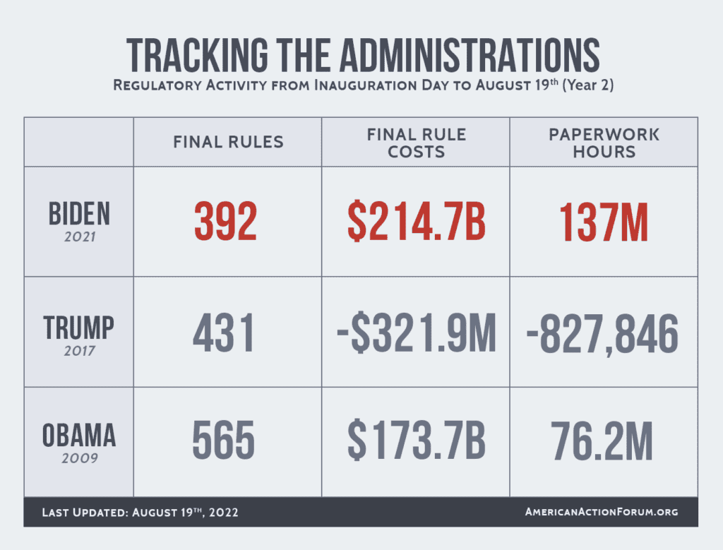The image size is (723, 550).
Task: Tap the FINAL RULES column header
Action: pos(228,142)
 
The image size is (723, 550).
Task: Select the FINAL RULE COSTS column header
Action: pos(416,142)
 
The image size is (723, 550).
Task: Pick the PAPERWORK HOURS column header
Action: pos(604,142)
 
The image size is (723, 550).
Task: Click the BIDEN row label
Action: pos(79,214)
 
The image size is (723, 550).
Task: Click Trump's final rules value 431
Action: pos(225,333)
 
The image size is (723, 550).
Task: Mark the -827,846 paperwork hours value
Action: pos(603,333)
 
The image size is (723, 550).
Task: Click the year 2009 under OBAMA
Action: pos(79,458)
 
